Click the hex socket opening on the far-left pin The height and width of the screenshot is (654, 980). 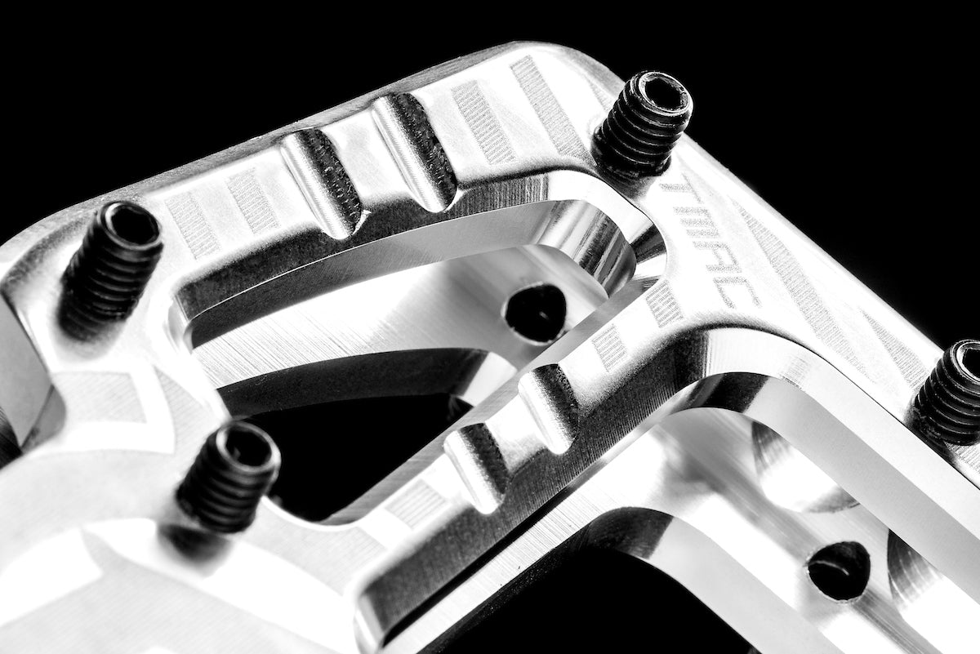click(x=131, y=222)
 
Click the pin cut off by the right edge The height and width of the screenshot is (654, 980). click(x=951, y=392)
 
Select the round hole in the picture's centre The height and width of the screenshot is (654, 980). click(x=535, y=311)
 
